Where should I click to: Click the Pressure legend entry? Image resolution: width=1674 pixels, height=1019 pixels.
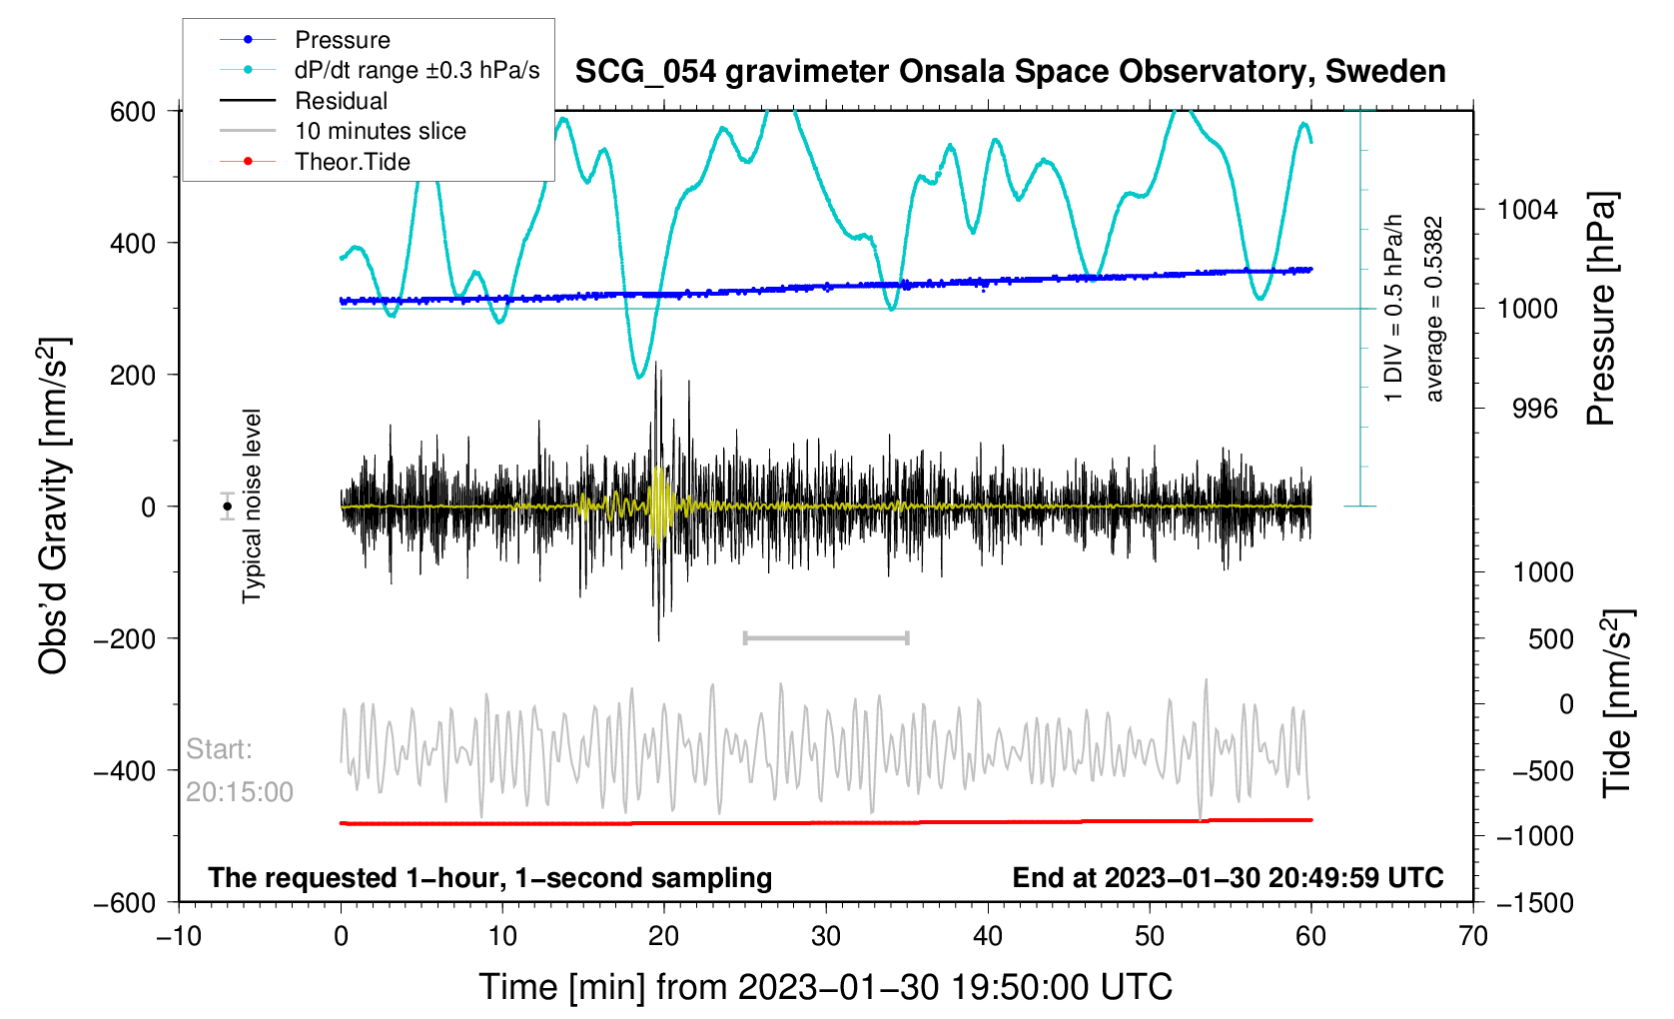(342, 40)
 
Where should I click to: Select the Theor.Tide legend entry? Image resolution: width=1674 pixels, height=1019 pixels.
(352, 162)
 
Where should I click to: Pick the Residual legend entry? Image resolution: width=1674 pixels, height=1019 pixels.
(341, 101)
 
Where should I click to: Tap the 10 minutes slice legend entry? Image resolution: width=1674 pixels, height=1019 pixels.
(380, 131)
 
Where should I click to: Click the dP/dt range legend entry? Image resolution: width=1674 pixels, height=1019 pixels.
(417, 70)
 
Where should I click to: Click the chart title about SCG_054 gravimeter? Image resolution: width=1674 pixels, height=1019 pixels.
(1010, 72)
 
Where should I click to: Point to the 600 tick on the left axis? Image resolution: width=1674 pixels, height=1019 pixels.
(133, 112)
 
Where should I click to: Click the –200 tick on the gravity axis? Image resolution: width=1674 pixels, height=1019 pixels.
(125, 639)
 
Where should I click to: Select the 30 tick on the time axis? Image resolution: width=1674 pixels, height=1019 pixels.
(826, 936)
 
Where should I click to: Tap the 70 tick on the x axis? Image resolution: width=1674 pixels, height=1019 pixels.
(1472, 936)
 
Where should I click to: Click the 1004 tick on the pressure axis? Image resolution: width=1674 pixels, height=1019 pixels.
(1527, 210)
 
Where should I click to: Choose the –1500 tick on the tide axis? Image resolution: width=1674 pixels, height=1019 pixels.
(1534, 903)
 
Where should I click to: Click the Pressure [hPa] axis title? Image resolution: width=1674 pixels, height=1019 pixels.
(1601, 310)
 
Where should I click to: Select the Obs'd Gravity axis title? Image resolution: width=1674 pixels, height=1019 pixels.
(54, 507)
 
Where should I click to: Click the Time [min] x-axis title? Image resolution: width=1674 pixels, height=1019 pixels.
(825, 987)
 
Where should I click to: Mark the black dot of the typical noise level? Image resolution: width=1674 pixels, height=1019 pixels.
(228, 507)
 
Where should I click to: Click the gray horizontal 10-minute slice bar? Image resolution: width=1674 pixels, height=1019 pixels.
(826, 637)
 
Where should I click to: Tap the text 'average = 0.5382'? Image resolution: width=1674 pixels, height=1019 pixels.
(1434, 310)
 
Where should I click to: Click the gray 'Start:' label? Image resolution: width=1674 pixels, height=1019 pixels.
(219, 749)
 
